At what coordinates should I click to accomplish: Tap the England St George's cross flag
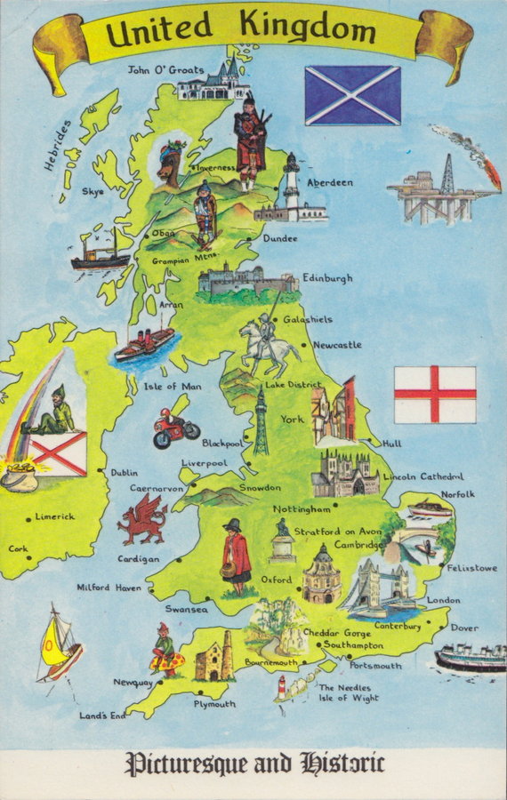(435, 394)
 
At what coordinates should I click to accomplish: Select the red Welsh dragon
(142, 519)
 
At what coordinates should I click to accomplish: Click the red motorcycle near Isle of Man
(174, 430)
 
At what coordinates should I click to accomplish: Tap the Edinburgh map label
(327, 277)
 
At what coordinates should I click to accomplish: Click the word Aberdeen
(330, 182)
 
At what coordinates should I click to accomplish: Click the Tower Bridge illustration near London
(378, 588)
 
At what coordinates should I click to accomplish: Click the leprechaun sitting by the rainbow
(57, 412)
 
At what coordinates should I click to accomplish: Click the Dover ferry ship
(469, 659)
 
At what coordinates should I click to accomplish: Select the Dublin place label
(124, 473)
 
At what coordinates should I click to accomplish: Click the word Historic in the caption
(342, 764)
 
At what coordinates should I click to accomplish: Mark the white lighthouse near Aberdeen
(291, 188)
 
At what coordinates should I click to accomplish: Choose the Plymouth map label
(214, 704)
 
